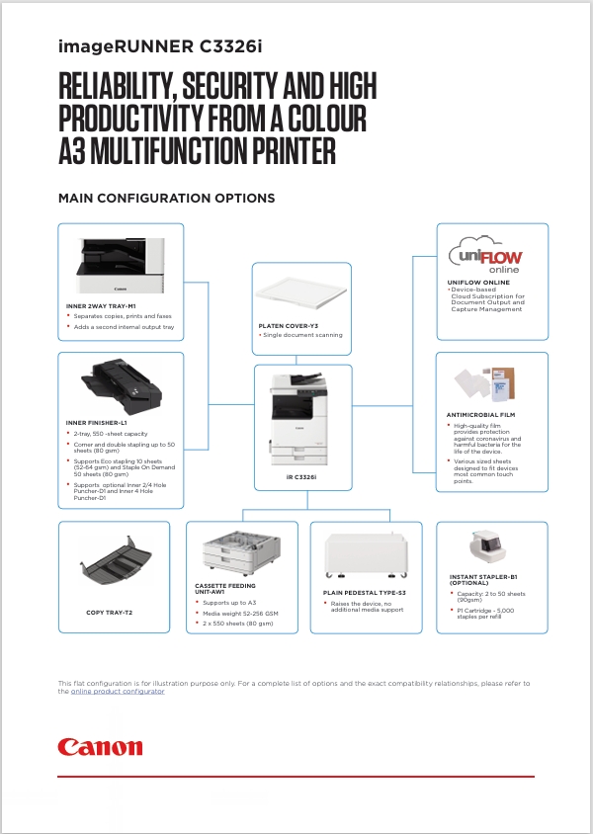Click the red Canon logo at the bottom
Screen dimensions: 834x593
pyautogui.click(x=100, y=746)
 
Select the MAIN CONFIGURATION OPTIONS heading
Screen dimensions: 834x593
pyautogui.click(x=166, y=199)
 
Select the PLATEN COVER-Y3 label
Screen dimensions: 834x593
pyautogui.click(x=288, y=325)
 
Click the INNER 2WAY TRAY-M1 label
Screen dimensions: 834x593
pyautogui.click(x=101, y=306)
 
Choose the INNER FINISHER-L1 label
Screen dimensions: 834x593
pyautogui.click(x=98, y=423)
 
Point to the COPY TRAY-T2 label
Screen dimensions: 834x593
pyautogui.click(x=109, y=613)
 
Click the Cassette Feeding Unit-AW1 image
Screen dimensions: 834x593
pyautogui.click(x=240, y=555)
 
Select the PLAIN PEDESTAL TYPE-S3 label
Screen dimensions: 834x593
pyautogui.click(x=365, y=593)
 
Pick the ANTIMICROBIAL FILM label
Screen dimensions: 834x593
pyautogui.click(x=480, y=415)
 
